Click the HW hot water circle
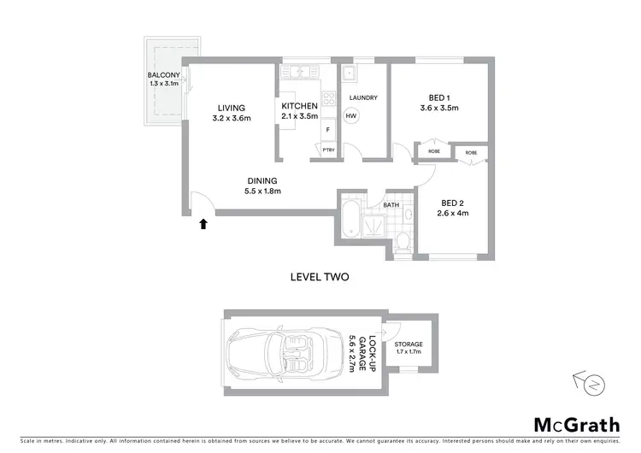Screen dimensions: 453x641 pos(351,115)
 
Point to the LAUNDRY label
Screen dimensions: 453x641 pos(363,97)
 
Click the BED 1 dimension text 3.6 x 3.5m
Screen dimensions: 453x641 pos(439,109)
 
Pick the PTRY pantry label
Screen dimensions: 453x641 pos(328,151)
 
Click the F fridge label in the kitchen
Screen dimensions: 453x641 pos(327,130)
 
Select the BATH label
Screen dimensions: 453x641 pos(391,205)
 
